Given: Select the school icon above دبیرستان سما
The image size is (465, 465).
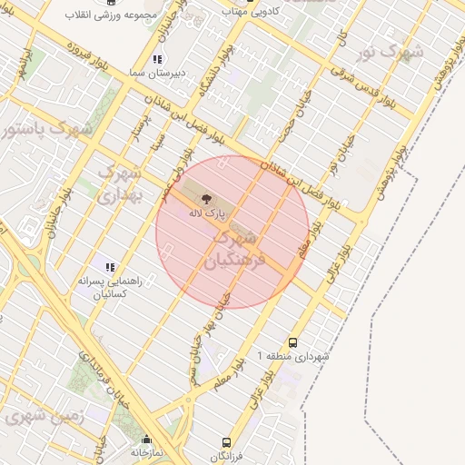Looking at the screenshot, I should (158, 59).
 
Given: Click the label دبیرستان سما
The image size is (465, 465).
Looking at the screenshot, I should (179, 73).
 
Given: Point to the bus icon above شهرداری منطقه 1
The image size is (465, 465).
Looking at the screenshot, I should (292, 342).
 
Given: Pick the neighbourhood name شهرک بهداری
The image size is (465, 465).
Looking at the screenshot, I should (120, 182).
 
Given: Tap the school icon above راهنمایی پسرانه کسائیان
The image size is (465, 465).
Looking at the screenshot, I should (110, 267).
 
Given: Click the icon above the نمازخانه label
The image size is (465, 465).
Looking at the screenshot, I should (146, 439).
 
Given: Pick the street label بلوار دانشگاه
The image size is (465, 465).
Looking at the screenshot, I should (221, 68).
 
